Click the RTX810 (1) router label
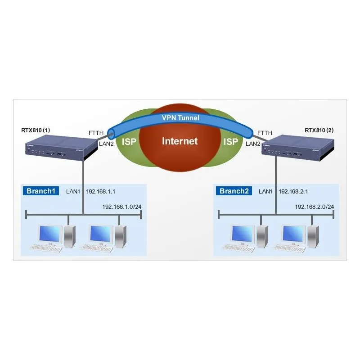[36, 130]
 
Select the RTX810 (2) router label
[319, 130]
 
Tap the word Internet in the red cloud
[180, 141]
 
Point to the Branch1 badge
[40, 191]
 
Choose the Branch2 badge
[234, 191]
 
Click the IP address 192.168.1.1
[101, 192]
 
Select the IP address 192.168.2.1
[293, 192]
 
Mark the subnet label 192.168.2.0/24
[314, 207]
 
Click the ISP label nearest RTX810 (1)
[129, 142]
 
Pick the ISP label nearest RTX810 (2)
[231, 142]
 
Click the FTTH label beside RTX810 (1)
[96, 133]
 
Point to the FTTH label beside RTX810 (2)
[265, 133]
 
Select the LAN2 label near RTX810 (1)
[106, 144]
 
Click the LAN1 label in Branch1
[73, 192]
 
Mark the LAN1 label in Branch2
[266, 192]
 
